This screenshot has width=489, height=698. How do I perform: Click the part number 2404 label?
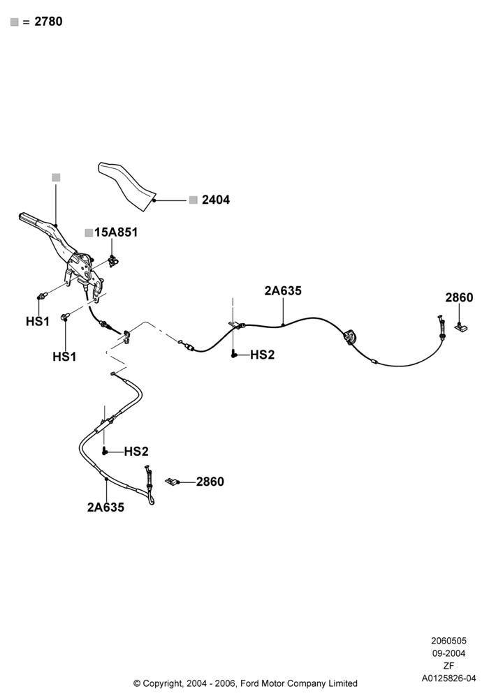click(x=216, y=200)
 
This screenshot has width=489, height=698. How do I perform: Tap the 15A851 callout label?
click(x=116, y=232)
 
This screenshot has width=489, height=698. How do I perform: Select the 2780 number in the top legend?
click(x=48, y=22)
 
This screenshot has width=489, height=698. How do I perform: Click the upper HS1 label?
click(x=38, y=321)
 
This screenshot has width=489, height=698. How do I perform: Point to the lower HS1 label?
click(x=64, y=357)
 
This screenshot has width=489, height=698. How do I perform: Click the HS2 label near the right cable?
click(x=263, y=355)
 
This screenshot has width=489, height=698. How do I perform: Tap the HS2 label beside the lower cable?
click(x=136, y=452)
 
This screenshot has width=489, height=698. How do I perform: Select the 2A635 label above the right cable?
click(x=283, y=290)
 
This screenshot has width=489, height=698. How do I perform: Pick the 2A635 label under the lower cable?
click(x=105, y=507)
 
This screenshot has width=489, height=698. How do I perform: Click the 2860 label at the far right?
click(x=459, y=297)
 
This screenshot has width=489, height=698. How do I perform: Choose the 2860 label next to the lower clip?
click(x=210, y=482)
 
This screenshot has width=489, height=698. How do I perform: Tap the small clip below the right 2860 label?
click(x=461, y=327)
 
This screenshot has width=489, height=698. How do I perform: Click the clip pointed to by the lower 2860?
click(x=172, y=482)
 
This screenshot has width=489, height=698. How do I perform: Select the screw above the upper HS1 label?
click(x=41, y=295)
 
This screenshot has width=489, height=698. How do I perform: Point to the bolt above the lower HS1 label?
click(x=65, y=317)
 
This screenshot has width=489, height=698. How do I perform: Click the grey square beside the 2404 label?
click(x=193, y=200)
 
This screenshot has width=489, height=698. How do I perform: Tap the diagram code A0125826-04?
click(x=449, y=678)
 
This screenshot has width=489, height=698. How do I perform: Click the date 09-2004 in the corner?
click(x=449, y=653)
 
